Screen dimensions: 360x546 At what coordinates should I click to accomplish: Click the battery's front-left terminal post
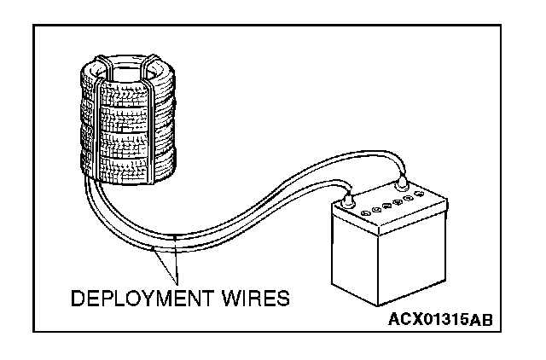[347, 202]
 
